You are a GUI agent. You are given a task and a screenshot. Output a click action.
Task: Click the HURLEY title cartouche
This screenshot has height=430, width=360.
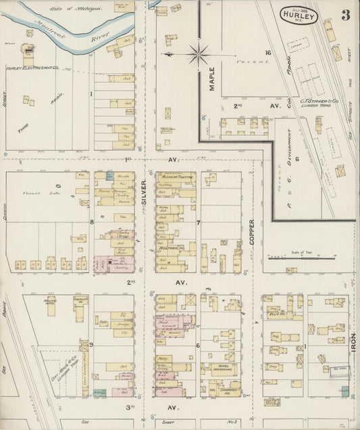coord(298,14)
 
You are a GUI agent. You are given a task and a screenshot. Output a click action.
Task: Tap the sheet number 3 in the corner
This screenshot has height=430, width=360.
coord(345,15)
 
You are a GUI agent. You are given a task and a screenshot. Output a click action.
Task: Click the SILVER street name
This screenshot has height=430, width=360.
coord(144,191)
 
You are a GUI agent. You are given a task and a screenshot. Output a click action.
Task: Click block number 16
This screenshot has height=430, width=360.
coord(267,53)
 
